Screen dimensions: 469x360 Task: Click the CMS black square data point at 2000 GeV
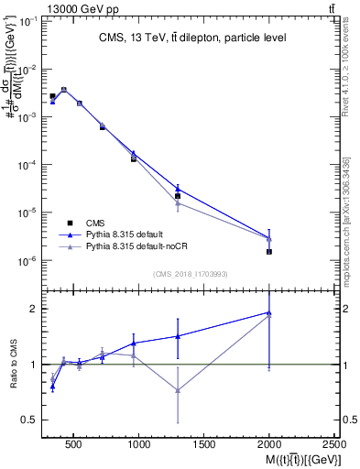269,251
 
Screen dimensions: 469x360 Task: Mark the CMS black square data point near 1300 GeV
178,196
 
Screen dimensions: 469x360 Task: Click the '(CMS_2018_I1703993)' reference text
191,273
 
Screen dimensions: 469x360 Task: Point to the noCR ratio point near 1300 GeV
178,390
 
